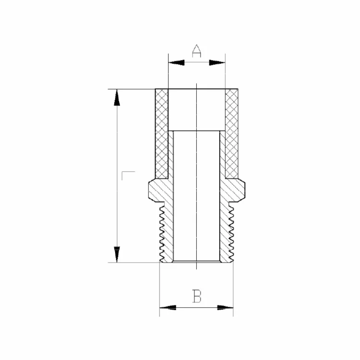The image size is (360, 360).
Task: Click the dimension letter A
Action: [x=196, y=51]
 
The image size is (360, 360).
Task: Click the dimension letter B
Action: [x=197, y=296]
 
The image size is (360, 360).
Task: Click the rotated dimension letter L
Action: [x=128, y=176]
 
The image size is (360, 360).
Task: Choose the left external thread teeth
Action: [x=163, y=230]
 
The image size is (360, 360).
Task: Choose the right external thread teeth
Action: [x=231, y=230]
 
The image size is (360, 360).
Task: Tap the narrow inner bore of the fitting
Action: [x=197, y=202]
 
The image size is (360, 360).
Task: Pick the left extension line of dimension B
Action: [x=160, y=288]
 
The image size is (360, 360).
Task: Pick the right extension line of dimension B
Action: [x=233, y=288]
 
